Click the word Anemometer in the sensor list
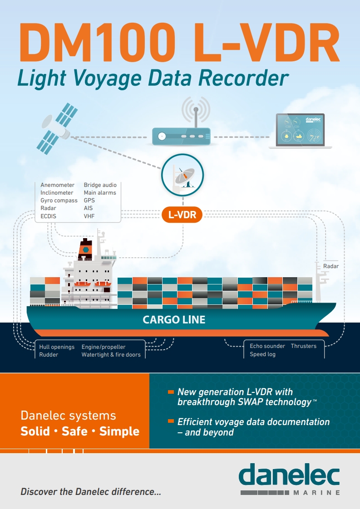pos(57,185)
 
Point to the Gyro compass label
pos(59,201)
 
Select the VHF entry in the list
pos(89,216)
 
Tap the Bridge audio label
pos(100,185)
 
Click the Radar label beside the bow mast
pos(331,266)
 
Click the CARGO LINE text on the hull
pos(174,320)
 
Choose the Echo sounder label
pos(267,346)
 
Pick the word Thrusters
pos(304,346)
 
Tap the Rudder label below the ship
pos(49,355)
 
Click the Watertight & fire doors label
pos(111,355)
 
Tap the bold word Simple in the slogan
pos(119,431)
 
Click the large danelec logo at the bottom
pos(289,476)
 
